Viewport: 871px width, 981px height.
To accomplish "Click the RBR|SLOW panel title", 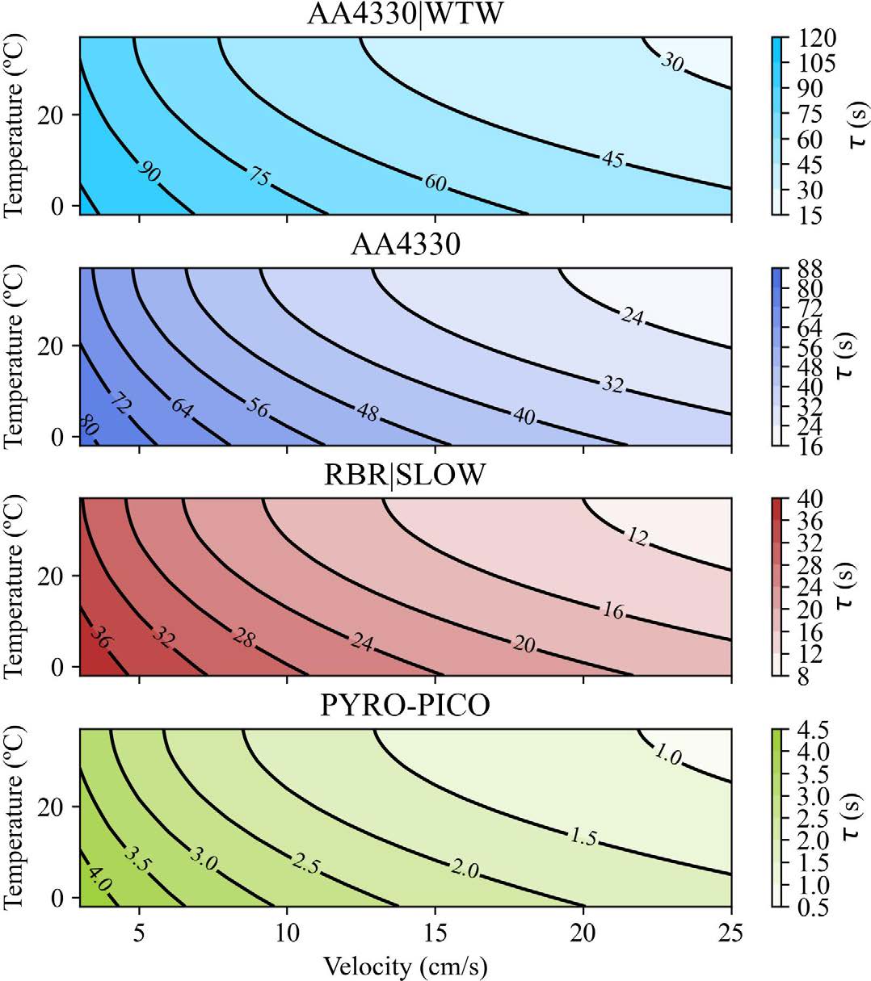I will (406, 474).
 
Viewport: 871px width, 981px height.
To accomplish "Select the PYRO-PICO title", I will (406, 705).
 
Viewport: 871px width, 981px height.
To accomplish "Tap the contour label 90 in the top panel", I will (149, 171).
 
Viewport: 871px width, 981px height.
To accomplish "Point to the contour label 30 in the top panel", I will (672, 61).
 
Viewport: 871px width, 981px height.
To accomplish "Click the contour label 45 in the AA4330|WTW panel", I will (612, 159).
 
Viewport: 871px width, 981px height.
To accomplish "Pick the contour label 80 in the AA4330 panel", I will (88, 427).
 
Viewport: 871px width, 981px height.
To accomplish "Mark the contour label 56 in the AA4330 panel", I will (257, 407).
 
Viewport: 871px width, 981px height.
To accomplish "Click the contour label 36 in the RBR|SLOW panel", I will (100, 637).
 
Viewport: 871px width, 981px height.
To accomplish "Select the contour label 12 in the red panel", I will (637, 536).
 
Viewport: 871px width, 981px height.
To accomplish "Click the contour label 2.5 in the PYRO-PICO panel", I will (305, 866).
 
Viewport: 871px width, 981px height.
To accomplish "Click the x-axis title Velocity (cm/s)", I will (406, 965).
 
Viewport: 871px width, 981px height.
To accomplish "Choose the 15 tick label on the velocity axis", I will (435, 933).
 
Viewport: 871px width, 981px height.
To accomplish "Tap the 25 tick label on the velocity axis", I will (731, 933).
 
